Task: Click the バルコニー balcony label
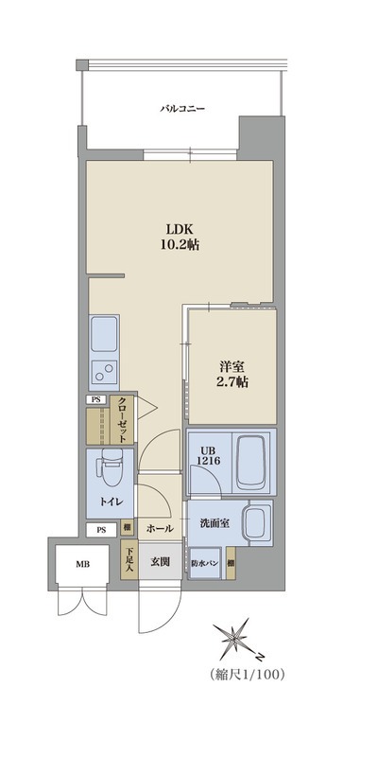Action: pyautogui.click(x=182, y=109)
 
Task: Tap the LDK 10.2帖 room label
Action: pyautogui.click(x=180, y=237)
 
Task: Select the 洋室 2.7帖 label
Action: pyautogui.click(x=232, y=374)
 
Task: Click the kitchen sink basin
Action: pyautogui.click(x=104, y=335)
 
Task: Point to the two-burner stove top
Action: pyautogui.click(x=104, y=372)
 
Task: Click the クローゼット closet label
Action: pyautogui.click(x=123, y=420)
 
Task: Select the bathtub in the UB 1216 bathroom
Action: pyautogui.click(x=251, y=462)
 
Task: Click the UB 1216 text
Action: pyautogui.click(x=208, y=455)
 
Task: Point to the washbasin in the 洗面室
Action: pyautogui.click(x=259, y=524)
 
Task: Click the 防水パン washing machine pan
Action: pyautogui.click(x=205, y=563)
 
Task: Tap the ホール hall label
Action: pyautogui.click(x=159, y=529)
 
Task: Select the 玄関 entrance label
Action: pyautogui.click(x=159, y=561)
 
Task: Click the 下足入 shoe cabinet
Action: pyautogui.click(x=129, y=560)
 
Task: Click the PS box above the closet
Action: pyautogui.click(x=97, y=400)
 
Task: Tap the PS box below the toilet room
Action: pyautogui.click(x=101, y=530)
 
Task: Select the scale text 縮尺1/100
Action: pyautogui.click(x=248, y=675)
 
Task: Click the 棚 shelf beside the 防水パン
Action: pyautogui.click(x=231, y=563)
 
